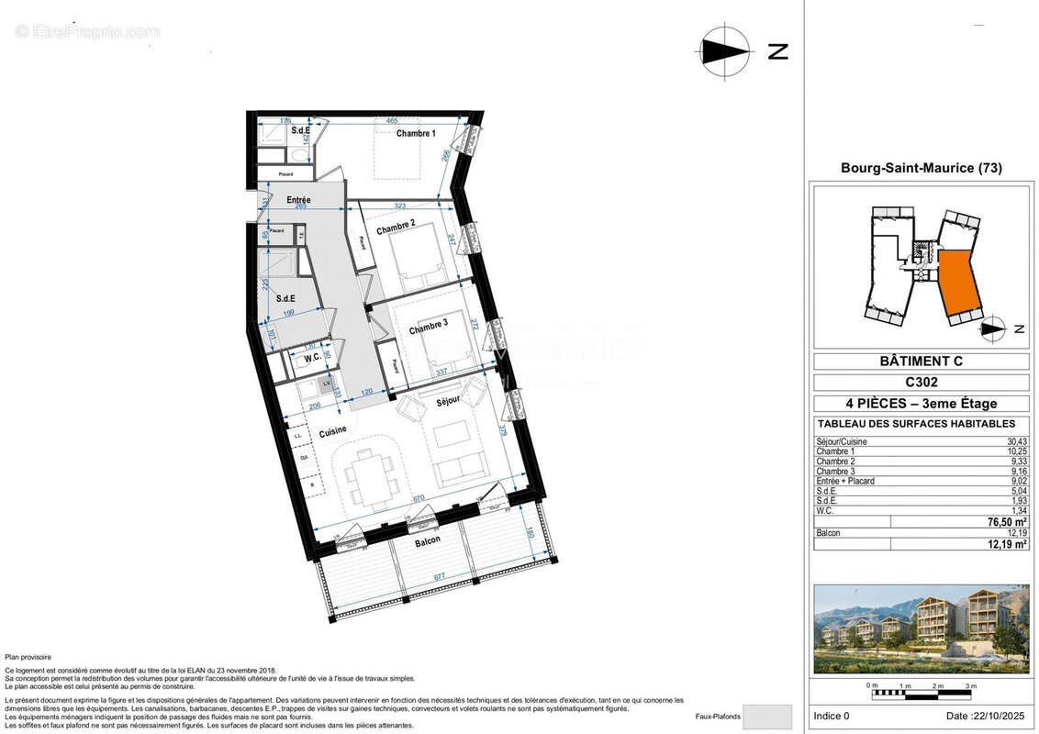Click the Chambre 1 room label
[x=416, y=134]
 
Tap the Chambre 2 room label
[x=396, y=225]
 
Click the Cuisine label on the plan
[x=332, y=431]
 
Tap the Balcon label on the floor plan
[x=427, y=540]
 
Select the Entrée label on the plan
[x=298, y=200]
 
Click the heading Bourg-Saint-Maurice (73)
[x=921, y=168]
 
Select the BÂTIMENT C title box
[x=921, y=361]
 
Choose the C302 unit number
[x=921, y=383]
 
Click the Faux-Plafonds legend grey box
[x=766, y=716]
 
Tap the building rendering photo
[x=921, y=629]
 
